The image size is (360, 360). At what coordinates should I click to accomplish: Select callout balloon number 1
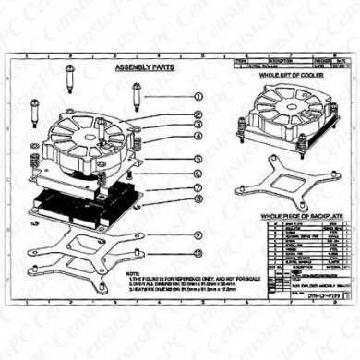pyautogui.click(x=197, y=95)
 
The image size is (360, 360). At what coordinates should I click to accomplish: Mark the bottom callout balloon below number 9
pyautogui.click(x=197, y=252)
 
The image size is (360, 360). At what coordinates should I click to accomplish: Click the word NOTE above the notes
pyautogui.click(x=133, y=273)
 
